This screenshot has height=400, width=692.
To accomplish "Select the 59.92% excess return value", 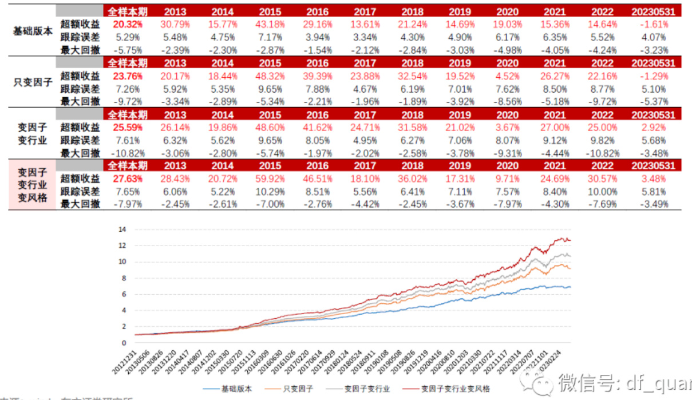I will pos(270,179).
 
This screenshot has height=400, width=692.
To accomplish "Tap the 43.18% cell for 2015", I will pos(270,24).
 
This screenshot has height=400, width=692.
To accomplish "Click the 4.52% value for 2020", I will pos(508,76).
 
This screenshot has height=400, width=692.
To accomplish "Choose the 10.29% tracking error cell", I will pos(270,192).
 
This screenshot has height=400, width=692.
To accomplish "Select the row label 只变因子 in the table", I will pos(32,82).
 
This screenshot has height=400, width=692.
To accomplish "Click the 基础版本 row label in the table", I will pos(32,30).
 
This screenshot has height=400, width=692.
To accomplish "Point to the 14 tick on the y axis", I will pos(121,229).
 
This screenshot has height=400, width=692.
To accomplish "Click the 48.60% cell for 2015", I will pos(270,128).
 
